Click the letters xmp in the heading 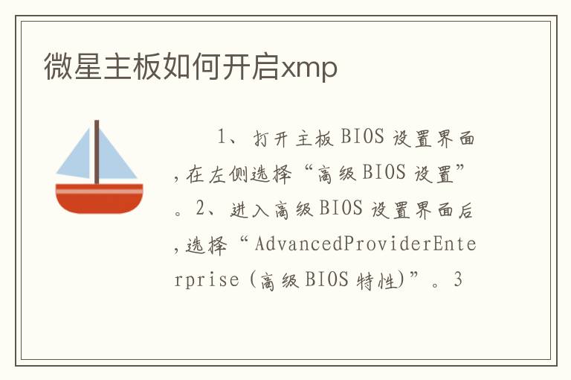(x=309, y=69)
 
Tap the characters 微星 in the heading (x=73, y=66)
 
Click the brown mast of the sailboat (x=97, y=152)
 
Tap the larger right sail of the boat (x=114, y=157)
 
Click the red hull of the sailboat (x=99, y=199)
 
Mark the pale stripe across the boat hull (x=99, y=191)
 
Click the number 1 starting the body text (x=222, y=137)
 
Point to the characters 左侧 (x=228, y=174)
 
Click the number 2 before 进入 (x=200, y=209)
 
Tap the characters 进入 (x=250, y=210)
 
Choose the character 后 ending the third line (x=465, y=210)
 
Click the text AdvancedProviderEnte (x=365, y=244)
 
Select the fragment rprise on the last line (x=207, y=280)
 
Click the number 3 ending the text (x=458, y=279)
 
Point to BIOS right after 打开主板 (x=362, y=137)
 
